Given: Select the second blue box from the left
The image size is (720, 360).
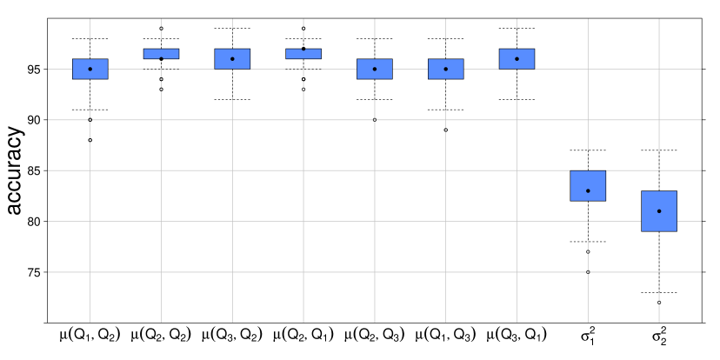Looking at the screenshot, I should coord(161,52).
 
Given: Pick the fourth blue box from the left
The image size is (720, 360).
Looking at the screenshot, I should coord(303,54).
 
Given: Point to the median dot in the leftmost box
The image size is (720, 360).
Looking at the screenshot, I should coord(90,69).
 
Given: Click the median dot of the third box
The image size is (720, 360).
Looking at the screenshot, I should coord(232,58).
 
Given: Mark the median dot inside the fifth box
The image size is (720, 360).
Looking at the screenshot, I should coord(375,69).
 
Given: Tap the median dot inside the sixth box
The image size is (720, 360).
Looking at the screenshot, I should coord(446,69).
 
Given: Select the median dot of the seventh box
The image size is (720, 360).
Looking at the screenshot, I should coord(517,58).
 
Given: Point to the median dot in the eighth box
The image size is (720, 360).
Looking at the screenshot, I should coord(588,190).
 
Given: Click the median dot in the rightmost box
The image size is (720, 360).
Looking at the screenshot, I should coord(659,210).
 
